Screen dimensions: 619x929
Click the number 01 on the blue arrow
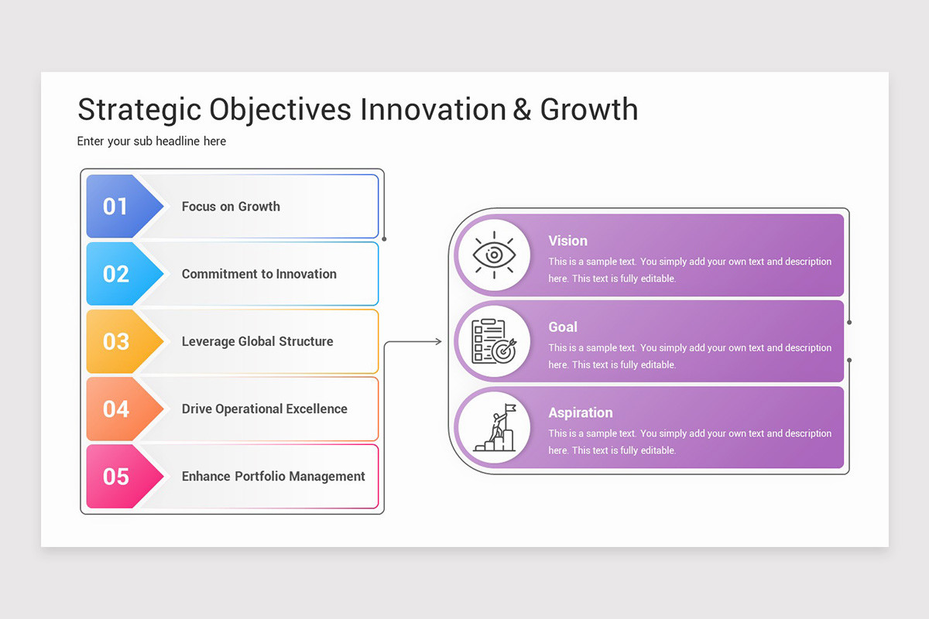(x=115, y=207)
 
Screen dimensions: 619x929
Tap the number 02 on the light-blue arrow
(x=116, y=274)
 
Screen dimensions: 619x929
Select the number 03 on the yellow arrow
(x=116, y=341)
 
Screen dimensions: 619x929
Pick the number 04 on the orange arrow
(x=116, y=409)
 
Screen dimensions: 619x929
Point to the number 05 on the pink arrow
(x=116, y=477)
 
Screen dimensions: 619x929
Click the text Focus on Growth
(x=231, y=207)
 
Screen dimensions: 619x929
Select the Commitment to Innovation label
(x=259, y=274)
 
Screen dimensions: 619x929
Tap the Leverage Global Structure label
(x=257, y=341)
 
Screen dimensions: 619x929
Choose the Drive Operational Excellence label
(x=264, y=409)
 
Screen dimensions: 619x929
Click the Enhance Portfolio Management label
(x=273, y=477)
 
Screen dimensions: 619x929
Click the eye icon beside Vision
(x=493, y=255)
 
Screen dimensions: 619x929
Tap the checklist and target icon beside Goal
(x=493, y=341)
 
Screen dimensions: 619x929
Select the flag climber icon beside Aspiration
(x=493, y=427)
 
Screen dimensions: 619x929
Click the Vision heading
(x=567, y=241)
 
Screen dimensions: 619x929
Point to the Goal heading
(x=563, y=327)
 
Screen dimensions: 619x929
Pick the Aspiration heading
(x=580, y=412)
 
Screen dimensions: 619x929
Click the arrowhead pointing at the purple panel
(x=438, y=341)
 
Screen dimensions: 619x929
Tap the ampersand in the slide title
(x=522, y=109)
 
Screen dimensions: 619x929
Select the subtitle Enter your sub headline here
(x=152, y=141)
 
